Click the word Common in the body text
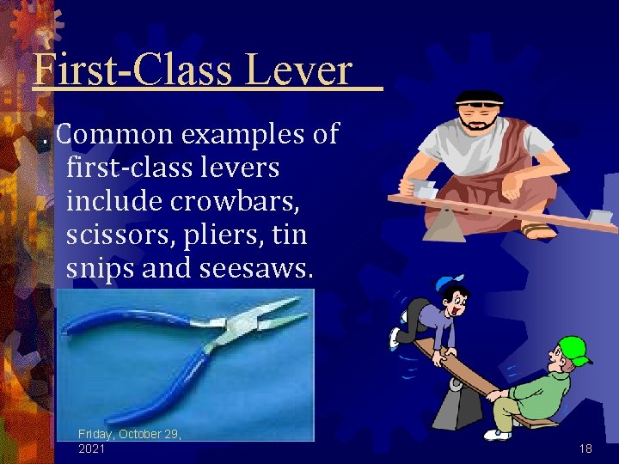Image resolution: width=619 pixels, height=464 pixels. tap(116, 134)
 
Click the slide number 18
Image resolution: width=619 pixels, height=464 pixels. tap(585, 449)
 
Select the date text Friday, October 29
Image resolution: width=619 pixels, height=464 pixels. tap(129, 434)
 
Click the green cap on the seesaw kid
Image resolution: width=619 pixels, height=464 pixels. tap(573, 350)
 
